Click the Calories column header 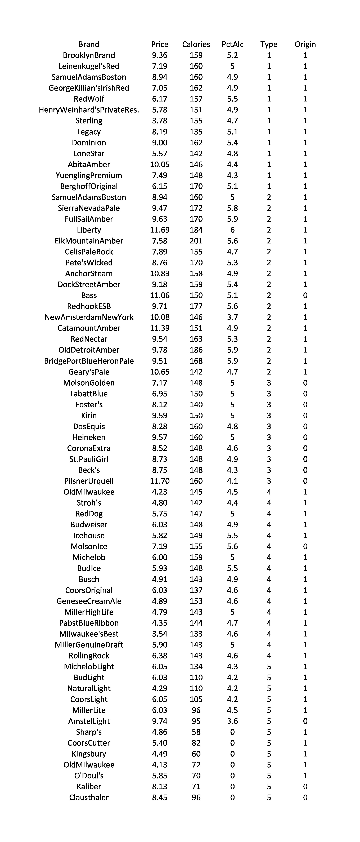196,44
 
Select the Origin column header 305,44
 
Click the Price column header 160,44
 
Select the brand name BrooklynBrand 89,55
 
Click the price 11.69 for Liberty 160,230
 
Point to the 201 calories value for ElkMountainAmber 196,241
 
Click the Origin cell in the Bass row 305,296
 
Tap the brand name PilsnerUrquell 89,481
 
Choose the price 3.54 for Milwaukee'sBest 160,634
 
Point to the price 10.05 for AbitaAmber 160,164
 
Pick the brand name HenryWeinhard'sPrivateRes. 89,110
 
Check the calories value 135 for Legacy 196,132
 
